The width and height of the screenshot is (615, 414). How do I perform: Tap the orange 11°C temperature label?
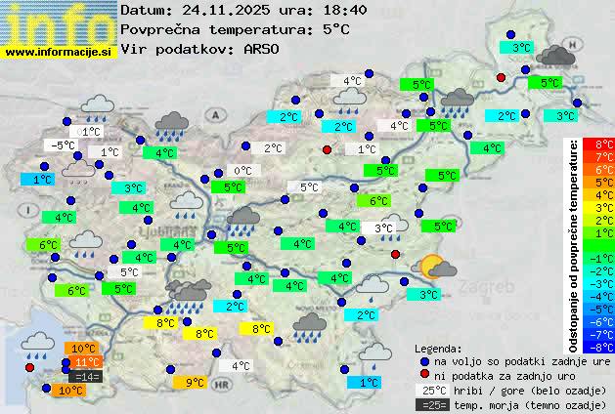81,362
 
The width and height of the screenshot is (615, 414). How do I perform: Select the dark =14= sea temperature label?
85,376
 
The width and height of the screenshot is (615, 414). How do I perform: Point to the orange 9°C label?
195,383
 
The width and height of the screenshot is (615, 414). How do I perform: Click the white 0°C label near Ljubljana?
242,171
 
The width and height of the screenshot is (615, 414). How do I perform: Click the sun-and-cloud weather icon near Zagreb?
435,267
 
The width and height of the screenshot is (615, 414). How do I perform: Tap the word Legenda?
439,348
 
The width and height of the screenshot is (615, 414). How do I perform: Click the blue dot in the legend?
424,360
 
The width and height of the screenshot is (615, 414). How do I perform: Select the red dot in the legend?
424,375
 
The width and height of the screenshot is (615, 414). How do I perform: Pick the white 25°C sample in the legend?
429,390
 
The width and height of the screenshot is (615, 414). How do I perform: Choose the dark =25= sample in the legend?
429,404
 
